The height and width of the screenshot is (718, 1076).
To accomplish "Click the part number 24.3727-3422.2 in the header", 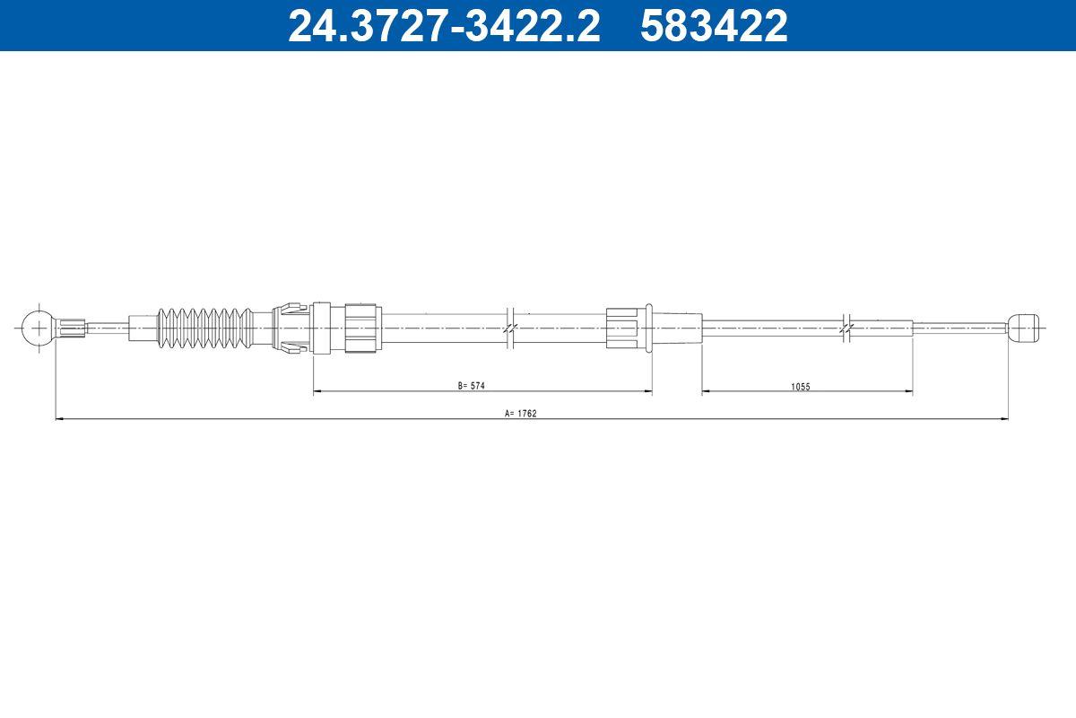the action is point(444,26).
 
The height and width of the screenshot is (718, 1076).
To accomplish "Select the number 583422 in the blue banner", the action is point(714,26).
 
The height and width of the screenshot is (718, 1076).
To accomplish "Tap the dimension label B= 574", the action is point(472,386).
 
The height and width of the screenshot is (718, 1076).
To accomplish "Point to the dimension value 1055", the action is point(800,386).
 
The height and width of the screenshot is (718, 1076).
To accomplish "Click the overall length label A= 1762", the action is point(521,413).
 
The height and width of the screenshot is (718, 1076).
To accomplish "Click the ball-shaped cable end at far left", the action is point(39,328).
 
